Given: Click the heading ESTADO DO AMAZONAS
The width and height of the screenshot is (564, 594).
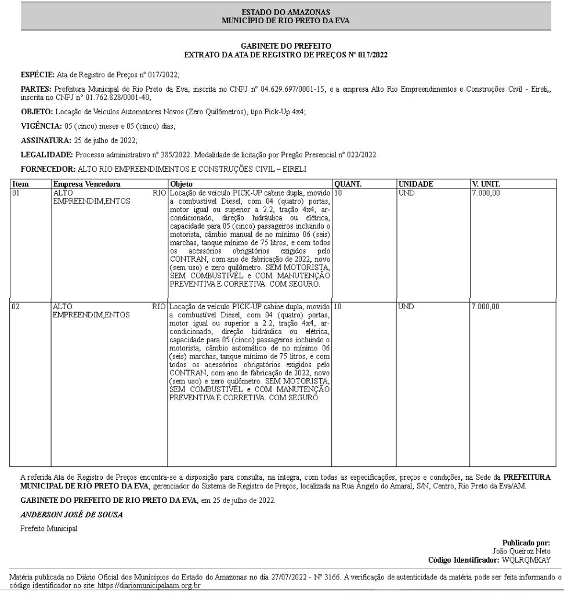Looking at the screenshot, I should (285, 12).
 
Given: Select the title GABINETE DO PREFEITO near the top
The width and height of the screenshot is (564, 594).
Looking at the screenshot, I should (285, 45).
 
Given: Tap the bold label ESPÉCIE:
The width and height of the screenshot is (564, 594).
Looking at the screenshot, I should (37, 75).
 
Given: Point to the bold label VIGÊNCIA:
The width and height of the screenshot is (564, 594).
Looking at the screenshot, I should (40, 126).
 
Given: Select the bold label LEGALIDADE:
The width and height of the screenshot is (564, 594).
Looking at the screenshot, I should (46, 155).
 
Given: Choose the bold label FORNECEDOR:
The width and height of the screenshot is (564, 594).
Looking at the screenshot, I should (48, 169).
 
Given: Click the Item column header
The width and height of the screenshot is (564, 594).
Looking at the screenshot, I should (20, 184).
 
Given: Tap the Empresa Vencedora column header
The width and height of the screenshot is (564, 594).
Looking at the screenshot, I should (86, 184).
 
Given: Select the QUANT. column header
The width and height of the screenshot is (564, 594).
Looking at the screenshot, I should (348, 184).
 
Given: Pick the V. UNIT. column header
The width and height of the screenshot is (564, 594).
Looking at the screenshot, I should (486, 184).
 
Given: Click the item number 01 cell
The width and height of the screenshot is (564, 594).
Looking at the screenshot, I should (16, 193).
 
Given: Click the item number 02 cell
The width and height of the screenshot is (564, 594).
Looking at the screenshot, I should (16, 306).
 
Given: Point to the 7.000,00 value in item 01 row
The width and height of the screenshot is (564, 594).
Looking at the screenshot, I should (486, 193).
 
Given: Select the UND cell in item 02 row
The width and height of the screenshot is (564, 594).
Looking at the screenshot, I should (407, 306).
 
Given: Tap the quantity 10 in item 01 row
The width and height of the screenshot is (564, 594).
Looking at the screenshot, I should (339, 193).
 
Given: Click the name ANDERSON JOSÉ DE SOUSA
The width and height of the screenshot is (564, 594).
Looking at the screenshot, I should (71, 515).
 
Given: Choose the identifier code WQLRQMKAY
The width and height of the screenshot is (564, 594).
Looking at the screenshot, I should (526, 560).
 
